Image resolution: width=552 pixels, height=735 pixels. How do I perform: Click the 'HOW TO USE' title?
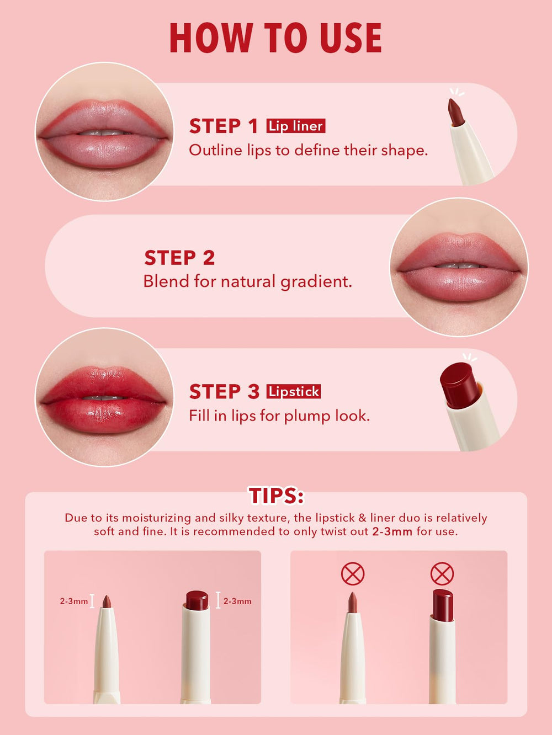(x=275, y=38)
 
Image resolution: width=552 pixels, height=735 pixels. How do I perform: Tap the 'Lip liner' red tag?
(x=296, y=126)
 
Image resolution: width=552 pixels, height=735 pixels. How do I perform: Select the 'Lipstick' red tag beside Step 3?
(x=294, y=391)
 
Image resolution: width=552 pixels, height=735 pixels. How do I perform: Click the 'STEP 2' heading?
(x=179, y=258)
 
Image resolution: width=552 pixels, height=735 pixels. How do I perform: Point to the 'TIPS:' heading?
(x=276, y=496)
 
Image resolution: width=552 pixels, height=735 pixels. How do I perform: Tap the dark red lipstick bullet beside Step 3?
(x=460, y=385)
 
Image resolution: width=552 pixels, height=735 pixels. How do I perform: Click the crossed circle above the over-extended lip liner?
(x=353, y=574)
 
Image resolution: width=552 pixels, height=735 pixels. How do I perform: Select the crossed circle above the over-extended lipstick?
(x=442, y=574)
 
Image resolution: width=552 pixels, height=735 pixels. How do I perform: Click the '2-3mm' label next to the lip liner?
(x=73, y=601)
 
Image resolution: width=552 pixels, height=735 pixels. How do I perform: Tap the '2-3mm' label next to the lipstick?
(x=237, y=601)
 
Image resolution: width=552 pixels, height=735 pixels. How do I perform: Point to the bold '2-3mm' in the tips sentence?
(x=392, y=531)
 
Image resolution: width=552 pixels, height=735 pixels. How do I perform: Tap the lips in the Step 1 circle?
(x=104, y=134)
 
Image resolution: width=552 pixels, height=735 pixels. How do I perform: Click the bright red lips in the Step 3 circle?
(x=104, y=400)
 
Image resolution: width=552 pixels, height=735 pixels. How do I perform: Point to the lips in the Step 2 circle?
(x=459, y=267)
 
